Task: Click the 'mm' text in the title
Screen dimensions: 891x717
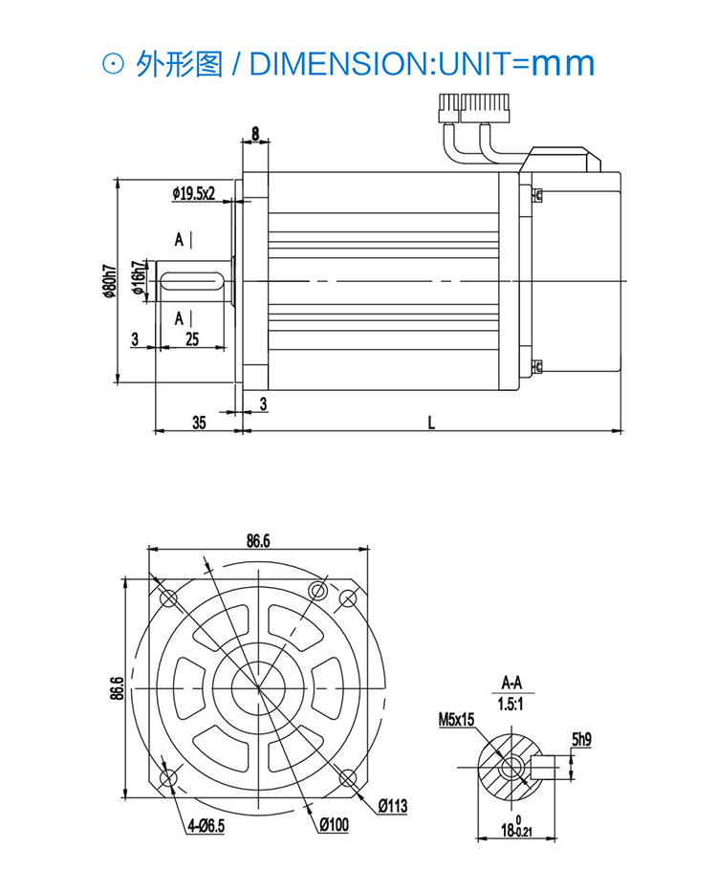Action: pyautogui.click(x=563, y=63)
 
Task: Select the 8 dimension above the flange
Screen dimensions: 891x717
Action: pyautogui.click(x=255, y=133)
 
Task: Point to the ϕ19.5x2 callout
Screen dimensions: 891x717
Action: pyautogui.click(x=194, y=193)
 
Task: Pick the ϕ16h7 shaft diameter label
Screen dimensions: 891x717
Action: pyautogui.click(x=139, y=279)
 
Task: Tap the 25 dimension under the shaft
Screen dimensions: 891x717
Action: pyautogui.click(x=191, y=338)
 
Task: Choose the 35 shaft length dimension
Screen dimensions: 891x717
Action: pyautogui.click(x=199, y=423)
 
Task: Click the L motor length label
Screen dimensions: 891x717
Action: pyautogui.click(x=431, y=423)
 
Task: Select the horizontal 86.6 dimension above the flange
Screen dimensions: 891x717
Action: pyautogui.click(x=257, y=540)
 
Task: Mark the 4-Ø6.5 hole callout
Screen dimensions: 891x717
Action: pyautogui.click(x=206, y=827)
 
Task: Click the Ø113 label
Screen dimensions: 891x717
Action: pyautogui.click(x=392, y=807)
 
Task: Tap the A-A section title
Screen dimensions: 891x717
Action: pyautogui.click(x=512, y=683)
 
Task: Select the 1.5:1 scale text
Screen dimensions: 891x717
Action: pyautogui.click(x=512, y=704)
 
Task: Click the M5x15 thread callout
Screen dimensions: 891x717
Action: pyautogui.click(x=456, y=719)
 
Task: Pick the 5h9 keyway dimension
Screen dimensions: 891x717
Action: pyautogui.click(x=582, y=739)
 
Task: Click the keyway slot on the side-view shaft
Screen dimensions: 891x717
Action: pyautogui.click(x=191, y=280)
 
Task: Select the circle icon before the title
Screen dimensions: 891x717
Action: pyautogui.click(x=112, y=64)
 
